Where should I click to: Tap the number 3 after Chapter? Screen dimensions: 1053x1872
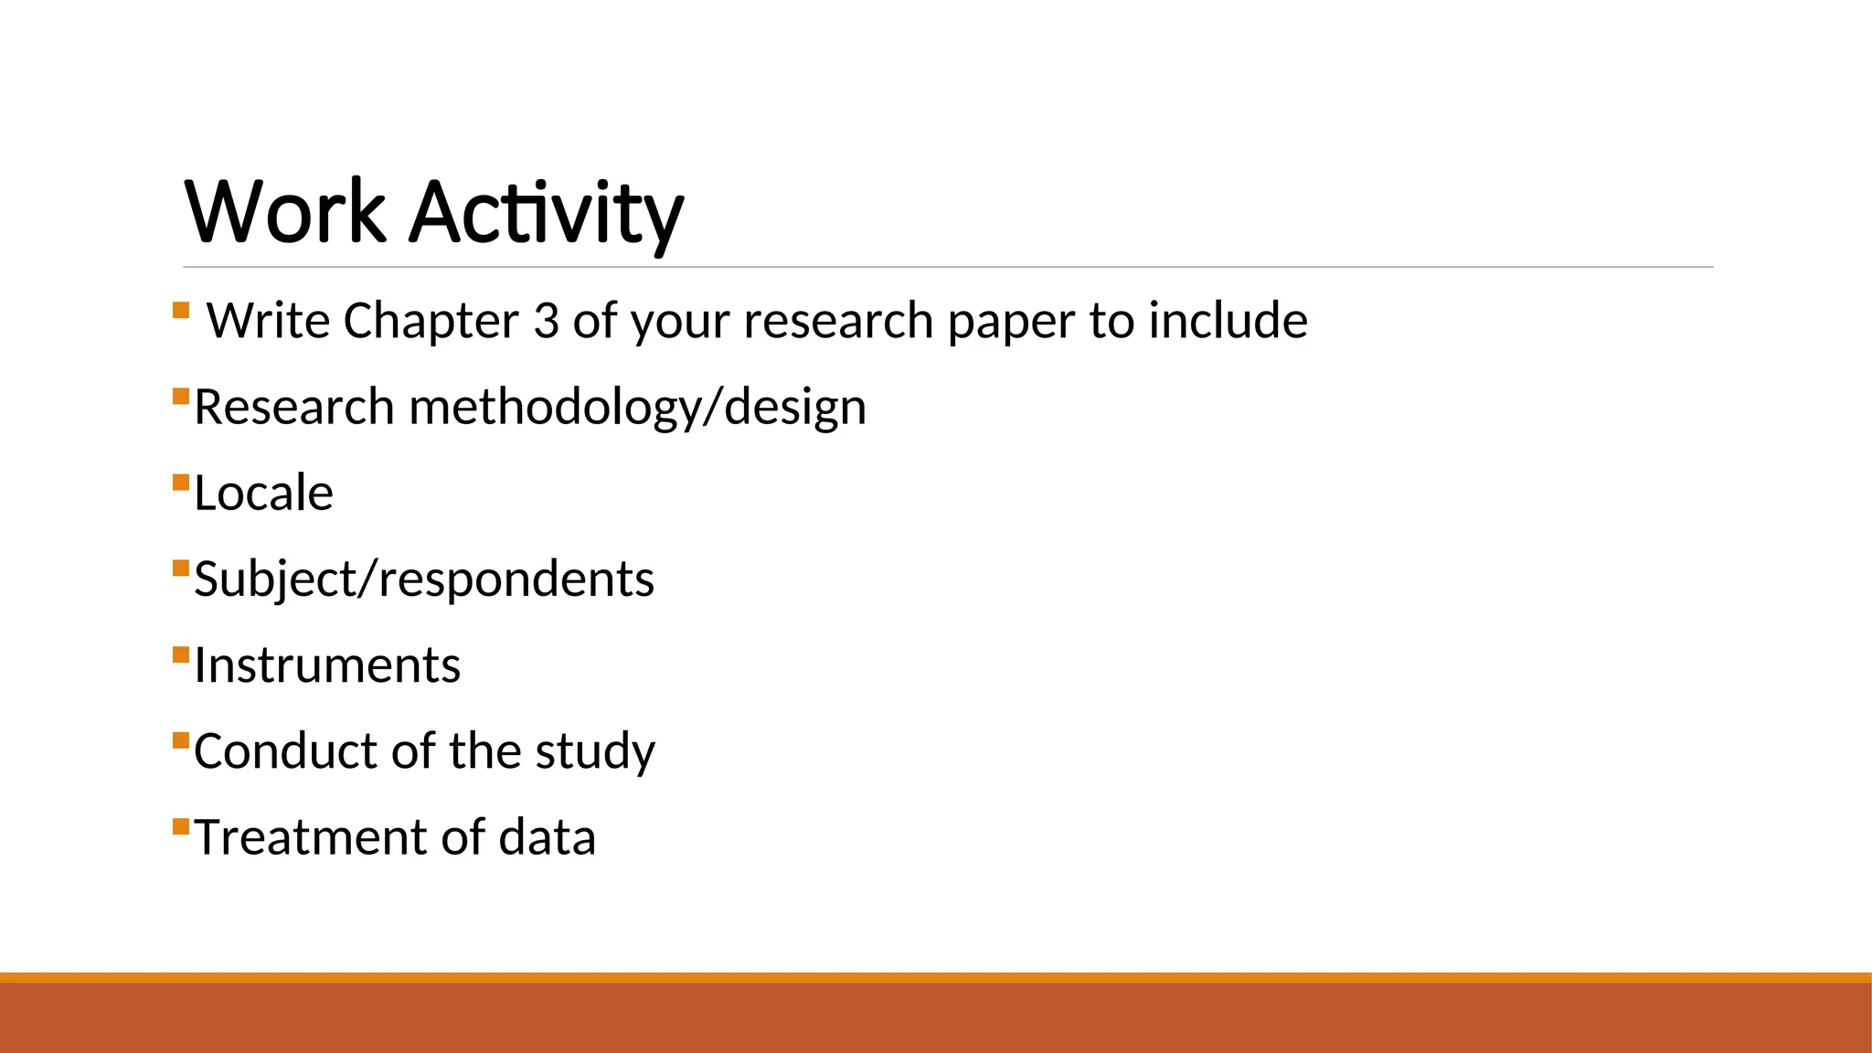click(x=546, y=321)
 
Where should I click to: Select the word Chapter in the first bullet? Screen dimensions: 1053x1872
click(x=431, y=321)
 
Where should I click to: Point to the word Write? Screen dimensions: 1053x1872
click(x=268, y=321)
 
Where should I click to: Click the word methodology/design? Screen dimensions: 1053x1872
click(x=638, y=407)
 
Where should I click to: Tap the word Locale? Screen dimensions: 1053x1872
click(x=263, y=494)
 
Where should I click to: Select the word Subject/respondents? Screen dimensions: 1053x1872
click(x=424, y=580)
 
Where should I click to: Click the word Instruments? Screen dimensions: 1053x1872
click(x=327, y=665)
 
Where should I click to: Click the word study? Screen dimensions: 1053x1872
click(x=595, y=751)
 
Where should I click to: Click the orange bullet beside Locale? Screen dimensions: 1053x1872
click(x=180, y=483)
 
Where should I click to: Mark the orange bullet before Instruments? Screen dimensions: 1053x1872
click(x=180, y=654)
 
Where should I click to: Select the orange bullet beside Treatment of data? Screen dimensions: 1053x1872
click(x=180, y=827)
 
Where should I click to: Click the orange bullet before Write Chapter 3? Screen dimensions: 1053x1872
click(x=180, y=310)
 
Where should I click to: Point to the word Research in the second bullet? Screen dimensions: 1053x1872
click(x=293, y=407)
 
